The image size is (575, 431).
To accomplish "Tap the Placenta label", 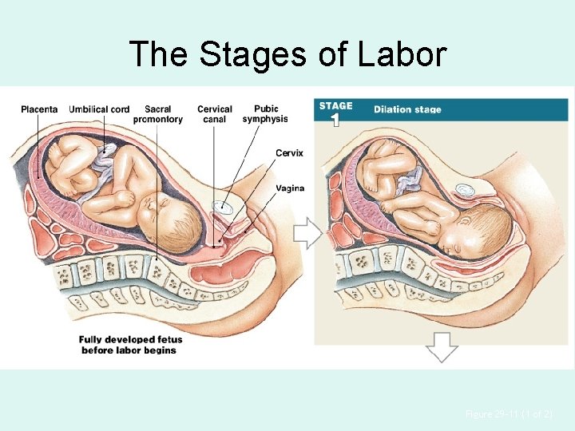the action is coord(39,109).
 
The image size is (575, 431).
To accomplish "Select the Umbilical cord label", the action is coord(99,109).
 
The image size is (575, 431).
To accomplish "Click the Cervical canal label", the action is coord(214,114).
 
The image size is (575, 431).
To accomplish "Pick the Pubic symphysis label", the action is coord(265,114).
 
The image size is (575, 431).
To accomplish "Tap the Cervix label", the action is coord(289,153).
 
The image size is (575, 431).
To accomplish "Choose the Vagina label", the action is coord(289,188).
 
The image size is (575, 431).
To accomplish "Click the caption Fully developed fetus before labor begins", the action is coord(128,345).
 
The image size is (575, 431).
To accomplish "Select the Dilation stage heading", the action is coord(407,110).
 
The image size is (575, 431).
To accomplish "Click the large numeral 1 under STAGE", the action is coord(335,121).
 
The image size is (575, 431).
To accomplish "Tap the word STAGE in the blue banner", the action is coord(335,106).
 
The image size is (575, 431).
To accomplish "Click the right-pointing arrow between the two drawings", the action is coord(307,233).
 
